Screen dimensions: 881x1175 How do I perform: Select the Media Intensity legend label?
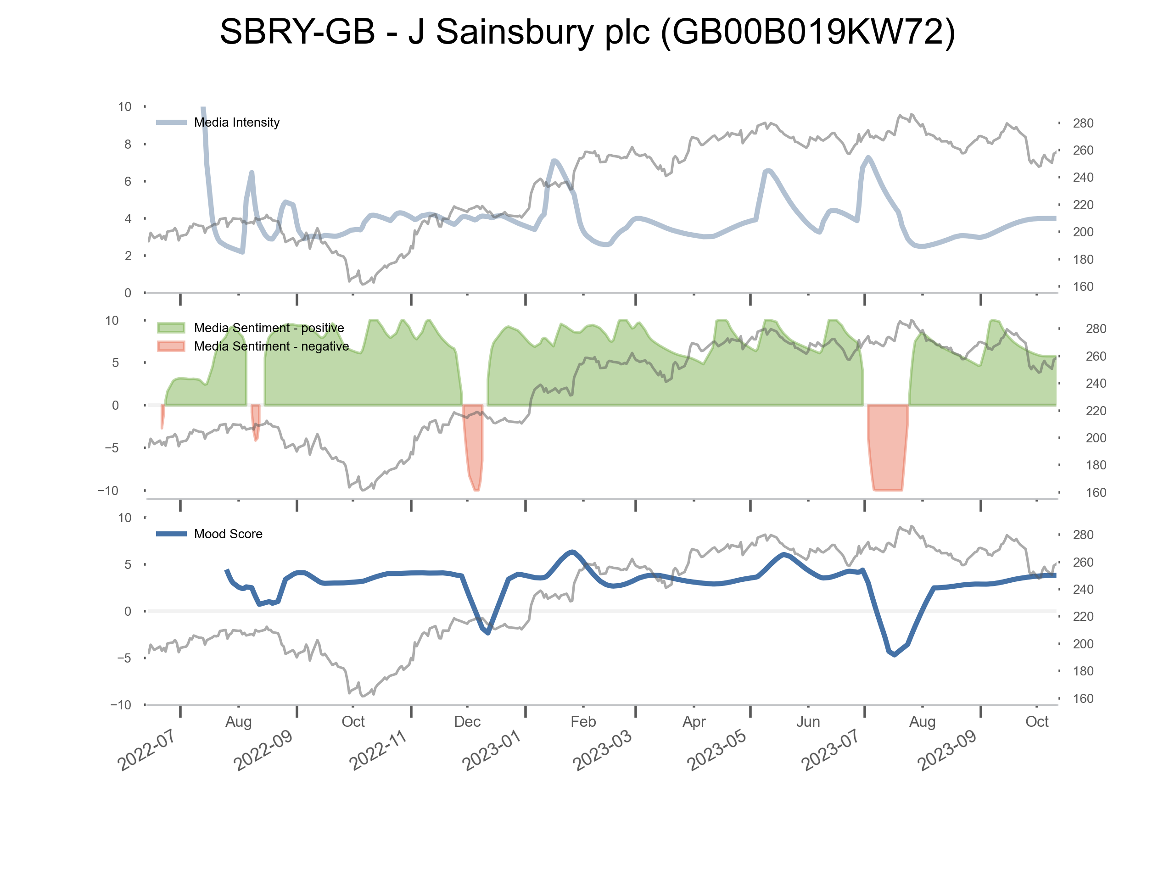pyautogui.click(x=236, y=123)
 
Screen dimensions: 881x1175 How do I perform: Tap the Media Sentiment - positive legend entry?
pyautogui.click(x=269, y=328)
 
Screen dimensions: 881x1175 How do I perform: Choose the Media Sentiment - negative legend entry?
pyautogui.click(x=271, y=347)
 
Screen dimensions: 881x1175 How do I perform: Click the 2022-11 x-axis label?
pyautogui.click(x=377, y=750)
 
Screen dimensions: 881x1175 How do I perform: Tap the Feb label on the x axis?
pyautogui.click(x=583, y=722)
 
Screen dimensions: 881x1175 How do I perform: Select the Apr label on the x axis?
pyautogui.click(x=694, y=722)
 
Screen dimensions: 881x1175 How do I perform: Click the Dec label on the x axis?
pyautogui.click(x=467, y=722)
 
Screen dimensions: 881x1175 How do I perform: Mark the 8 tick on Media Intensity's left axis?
pyautogui.click(x=128, y=145)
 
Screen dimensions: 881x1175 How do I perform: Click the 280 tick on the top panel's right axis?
pyautogui.click(x=1083, y=123)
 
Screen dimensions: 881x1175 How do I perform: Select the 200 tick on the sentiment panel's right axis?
pyautogui.click(x=1095, y=438)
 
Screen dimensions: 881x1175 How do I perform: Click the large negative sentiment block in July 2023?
pyautogui.click(x=888, y=446)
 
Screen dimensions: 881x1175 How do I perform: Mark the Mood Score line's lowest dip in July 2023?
pyautogui.click(x=895, y=655)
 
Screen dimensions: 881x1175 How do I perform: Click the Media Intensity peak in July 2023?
pyautogui.click(x=868, y=157)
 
